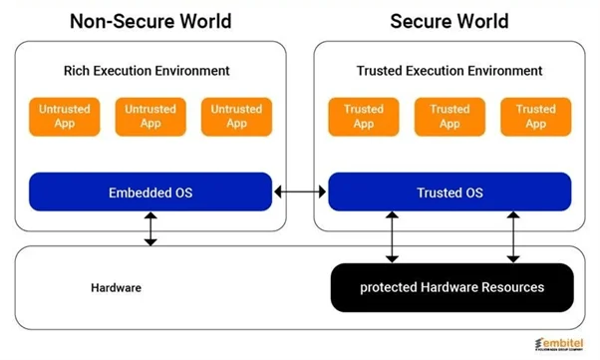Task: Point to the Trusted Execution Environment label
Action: point(449,71)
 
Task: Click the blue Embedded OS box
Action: point(150,190)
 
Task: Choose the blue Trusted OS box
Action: point(450,190)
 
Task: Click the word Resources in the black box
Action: point(503,287)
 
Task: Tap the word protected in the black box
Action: point(389,287)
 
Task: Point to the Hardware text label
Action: point(115,287)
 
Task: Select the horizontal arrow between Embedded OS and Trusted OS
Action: point(300,190)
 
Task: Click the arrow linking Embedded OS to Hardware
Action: point(150,228)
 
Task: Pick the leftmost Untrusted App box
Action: point(64,117)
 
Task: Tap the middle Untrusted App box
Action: point(150,117)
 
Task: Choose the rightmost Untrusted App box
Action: point(236,117)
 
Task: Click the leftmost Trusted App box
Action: point(363,117)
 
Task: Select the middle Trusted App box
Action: point(450,117)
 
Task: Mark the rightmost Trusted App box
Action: point(535,117)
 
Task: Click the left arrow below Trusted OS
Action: point(391,237)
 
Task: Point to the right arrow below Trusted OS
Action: point(512,237)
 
